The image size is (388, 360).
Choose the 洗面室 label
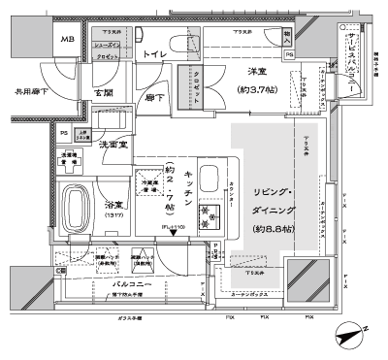pyautogui.click(x=117, y=144)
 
